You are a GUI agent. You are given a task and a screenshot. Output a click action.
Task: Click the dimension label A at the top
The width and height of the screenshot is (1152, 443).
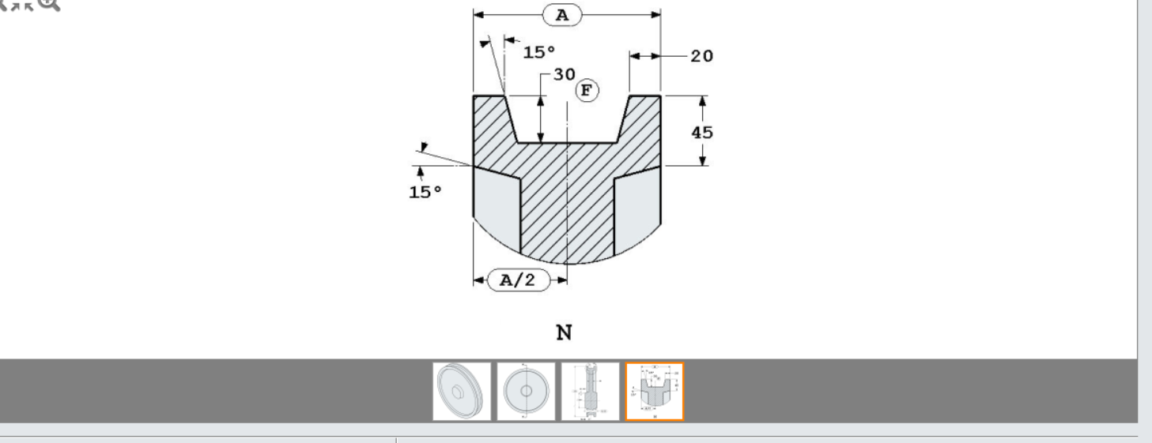click(x=561, y=14)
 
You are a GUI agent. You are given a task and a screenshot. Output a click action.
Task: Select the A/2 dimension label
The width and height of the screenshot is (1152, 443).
click(x=518, y=280)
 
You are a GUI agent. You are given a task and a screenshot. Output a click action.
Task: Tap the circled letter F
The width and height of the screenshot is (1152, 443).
click(x=586, y=91)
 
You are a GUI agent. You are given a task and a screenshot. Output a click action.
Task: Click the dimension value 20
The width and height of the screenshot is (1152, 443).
click(x=701, y=56)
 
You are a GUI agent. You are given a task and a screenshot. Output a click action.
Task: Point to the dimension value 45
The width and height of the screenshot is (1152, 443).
click(x=702, y=132)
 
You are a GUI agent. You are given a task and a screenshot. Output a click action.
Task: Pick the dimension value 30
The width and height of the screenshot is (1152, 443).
click(x=564, y=74)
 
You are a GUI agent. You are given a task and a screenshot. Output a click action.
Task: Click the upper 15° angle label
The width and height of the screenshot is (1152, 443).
click(x=539, y=53)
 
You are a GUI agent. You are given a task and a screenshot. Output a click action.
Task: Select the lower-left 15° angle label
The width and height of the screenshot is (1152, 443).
click(x=425, y=192)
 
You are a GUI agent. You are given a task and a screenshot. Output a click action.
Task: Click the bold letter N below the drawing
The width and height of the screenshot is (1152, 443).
click(x=564, y=332)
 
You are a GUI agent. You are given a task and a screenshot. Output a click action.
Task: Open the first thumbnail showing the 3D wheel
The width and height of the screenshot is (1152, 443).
click(x=462, y=392)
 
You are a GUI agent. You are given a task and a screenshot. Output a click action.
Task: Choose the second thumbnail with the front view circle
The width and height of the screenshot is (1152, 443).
click(x=526, y=392)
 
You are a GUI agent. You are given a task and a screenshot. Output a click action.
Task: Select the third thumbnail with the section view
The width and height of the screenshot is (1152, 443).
click(x=590, y=392)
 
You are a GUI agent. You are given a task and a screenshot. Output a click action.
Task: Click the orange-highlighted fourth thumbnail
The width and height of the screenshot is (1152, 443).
click(x=655, y=392)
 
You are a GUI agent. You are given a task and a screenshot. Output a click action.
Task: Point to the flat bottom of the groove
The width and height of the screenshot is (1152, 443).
click(x=567, y=143)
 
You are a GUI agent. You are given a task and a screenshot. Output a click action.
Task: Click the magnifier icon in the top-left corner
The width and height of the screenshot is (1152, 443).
click(x=50, y=3)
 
